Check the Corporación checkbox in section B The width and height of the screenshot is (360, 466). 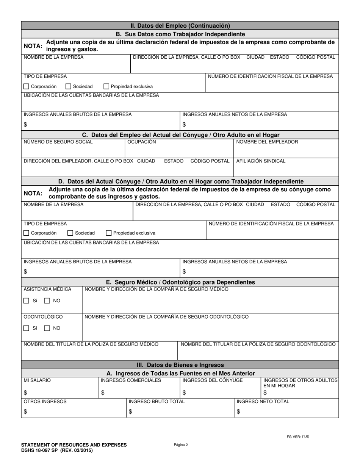26,87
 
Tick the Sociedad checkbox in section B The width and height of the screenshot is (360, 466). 68,87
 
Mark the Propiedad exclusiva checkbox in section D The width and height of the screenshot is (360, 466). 109,233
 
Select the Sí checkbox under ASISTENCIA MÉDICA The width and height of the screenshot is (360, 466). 26,301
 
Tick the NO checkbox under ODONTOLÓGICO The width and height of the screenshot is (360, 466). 47,328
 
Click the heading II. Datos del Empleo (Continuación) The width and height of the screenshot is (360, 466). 180,26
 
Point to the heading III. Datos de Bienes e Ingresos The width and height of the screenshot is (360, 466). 180,365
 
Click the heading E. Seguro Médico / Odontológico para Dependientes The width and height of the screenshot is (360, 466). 180,282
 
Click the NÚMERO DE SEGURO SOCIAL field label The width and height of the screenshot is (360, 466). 58,142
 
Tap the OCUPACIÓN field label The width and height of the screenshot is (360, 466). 141,142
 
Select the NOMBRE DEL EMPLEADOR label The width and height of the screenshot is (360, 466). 267,142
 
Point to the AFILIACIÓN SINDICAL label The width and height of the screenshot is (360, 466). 261,161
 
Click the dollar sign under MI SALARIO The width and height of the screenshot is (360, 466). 25,393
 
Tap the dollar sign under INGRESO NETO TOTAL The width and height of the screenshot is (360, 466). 238,412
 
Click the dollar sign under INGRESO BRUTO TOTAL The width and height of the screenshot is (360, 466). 130,412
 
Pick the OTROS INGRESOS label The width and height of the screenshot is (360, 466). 45,402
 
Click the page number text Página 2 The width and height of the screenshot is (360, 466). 181,445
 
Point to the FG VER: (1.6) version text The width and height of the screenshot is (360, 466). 298,436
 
